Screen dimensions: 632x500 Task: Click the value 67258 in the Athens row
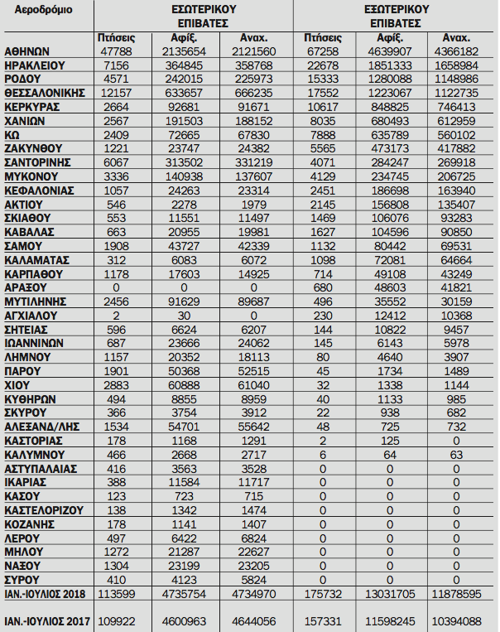(321, 51)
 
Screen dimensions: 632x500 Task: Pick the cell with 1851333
(391, 65)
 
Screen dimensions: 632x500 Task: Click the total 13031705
(391, 593)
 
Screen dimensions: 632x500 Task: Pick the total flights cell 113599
(116, 593)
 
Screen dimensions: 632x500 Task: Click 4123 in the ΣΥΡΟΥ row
(191, 579)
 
